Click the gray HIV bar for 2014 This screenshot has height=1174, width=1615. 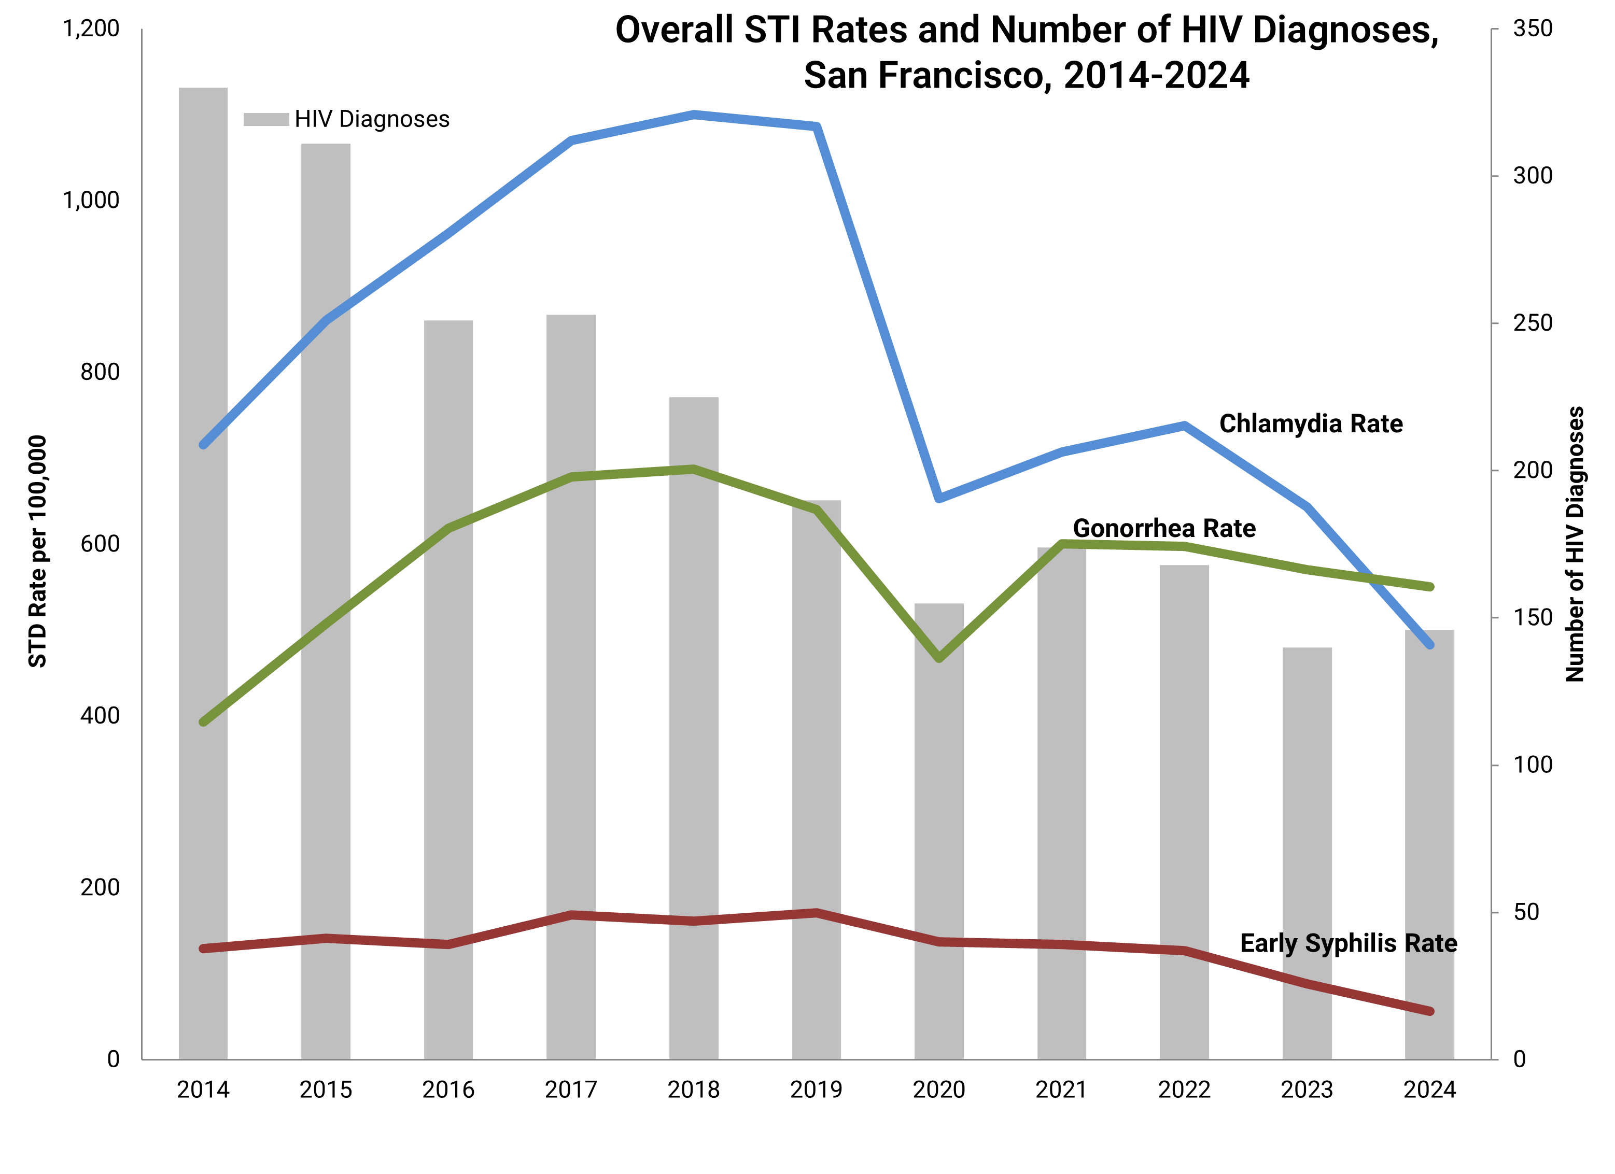203,570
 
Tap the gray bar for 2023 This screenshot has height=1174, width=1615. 1307,854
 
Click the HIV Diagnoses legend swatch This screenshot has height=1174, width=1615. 265,120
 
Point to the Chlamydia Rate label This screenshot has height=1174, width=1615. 1310,425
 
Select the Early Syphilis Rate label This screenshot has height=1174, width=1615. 1348,943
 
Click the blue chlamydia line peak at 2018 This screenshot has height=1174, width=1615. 694,115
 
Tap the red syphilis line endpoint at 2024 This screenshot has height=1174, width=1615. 1429,1011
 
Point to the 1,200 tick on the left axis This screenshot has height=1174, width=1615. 91,29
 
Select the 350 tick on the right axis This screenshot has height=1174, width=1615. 1533,29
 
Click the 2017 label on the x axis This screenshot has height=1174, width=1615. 570,1090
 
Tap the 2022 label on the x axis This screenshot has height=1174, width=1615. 1184,1090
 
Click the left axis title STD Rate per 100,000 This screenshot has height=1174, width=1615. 37,552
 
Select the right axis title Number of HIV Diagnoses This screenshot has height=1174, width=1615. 1575,545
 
